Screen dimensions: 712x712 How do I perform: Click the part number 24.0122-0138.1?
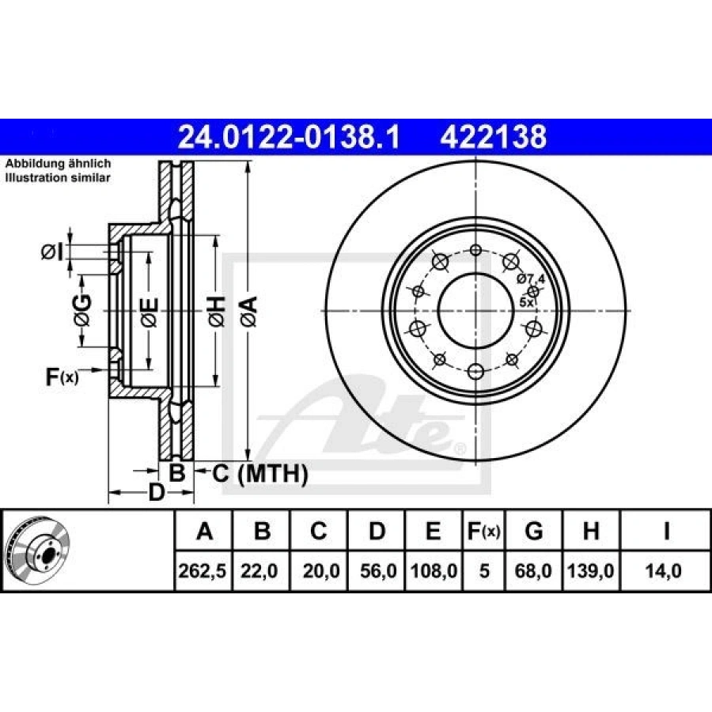[x=289, y=137]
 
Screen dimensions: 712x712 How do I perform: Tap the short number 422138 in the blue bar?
[x=493, y=137]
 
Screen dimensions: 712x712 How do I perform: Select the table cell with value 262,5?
[x=203, y=570]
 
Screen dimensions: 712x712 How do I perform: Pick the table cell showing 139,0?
[x=591, y=570]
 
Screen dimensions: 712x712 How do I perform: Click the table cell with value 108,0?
[x=434, y=570]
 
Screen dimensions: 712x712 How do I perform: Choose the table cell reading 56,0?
[x=377, y=570]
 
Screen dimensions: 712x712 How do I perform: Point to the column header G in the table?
[x=533, y=530]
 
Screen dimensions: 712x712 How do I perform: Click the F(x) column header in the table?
[x=484, y=530]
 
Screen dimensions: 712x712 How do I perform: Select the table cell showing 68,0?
[x=533, y=570]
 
